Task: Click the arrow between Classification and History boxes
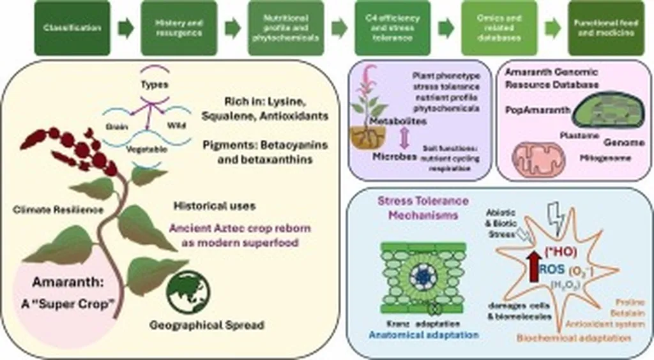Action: pyautogui.click(x=126, y=28)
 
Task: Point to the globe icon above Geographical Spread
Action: pyautogui.click(x=188, y=292)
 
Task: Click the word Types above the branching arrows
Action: pyautogui.click(x=153, y=85)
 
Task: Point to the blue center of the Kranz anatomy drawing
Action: pyautogui.click(x=422, y=276)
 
